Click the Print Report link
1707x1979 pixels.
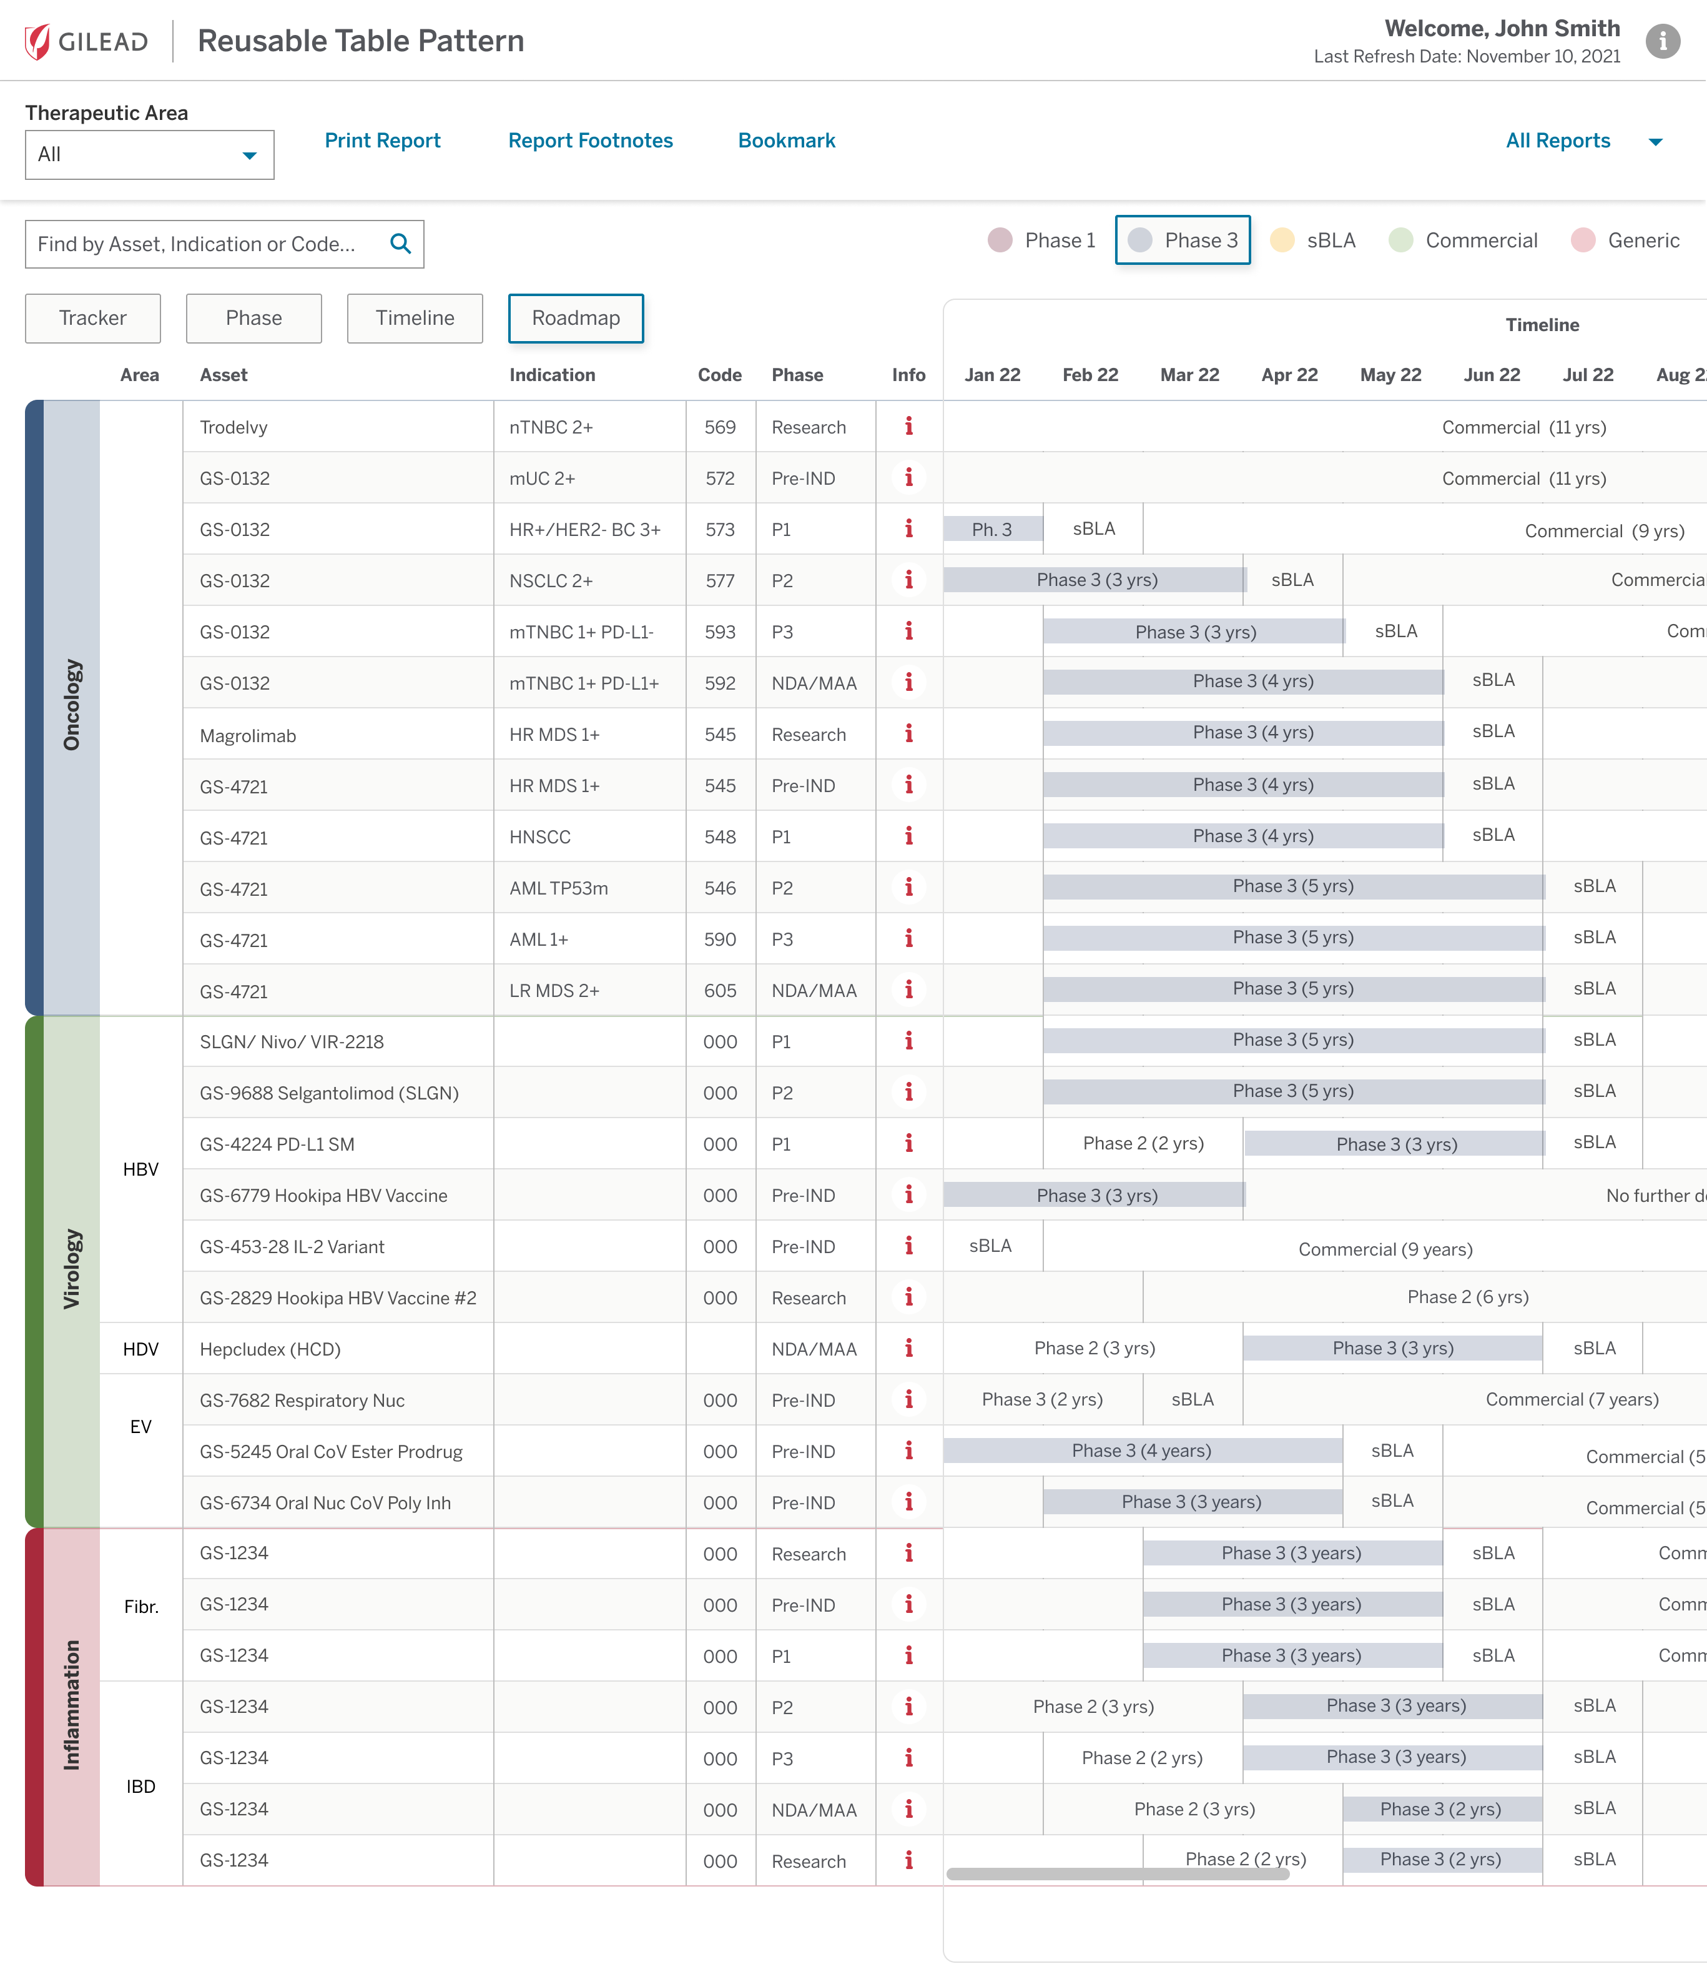pos(382,141)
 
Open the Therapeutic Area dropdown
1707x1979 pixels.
pos(149,155)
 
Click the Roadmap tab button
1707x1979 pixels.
pos(575,318)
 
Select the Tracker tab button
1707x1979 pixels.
pos(92,318)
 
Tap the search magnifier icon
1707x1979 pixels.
pos(401,244)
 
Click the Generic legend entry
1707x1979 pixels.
pos(1626,240)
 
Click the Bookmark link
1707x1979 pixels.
pos(785,141)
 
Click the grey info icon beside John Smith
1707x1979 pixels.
pos(1662,41)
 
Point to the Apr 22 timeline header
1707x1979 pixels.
pos(1289,374)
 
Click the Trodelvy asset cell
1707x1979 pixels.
pos(234,427)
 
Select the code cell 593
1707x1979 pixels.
pos(720,632)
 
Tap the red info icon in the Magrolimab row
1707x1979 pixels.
pos(908,733)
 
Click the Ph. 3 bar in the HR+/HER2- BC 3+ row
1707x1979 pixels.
pos(992,529)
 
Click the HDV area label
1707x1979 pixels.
pos(140,1349)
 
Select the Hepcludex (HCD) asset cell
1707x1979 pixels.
pos(270,1349)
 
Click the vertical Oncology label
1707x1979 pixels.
pos(72,705)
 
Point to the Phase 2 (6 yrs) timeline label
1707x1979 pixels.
pos(1467,1297)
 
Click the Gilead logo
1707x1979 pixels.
pos(87,41)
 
